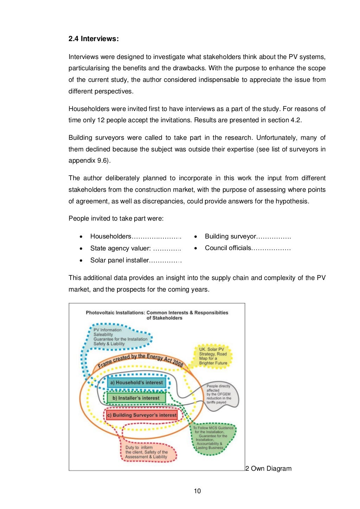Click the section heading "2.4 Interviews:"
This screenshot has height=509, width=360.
click(94, 39)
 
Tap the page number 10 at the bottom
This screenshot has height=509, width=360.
click(197, 491)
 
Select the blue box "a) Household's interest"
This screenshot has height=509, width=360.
click(136, 383)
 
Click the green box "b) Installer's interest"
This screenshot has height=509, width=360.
click(136, 398)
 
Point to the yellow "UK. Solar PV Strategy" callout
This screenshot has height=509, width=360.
click(213, 356)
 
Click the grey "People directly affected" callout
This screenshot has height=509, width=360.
click(219, 394)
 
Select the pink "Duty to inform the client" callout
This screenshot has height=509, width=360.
click(146, 452)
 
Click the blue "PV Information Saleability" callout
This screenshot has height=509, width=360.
click(120, 337)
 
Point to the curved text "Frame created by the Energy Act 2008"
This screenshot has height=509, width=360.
click(141, 360)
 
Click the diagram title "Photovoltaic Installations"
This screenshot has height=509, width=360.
click(157, 315)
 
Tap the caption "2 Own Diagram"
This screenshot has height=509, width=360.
click(269, 469)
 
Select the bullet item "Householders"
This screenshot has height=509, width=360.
click(111, 236)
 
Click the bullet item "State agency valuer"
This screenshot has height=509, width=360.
click(120, 248)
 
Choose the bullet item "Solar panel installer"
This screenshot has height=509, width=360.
click(120, 260)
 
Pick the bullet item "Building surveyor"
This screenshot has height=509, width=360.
click(230, 236)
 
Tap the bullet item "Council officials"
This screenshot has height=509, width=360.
click(228, 248)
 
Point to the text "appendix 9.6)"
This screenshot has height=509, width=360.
click(89, 161)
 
